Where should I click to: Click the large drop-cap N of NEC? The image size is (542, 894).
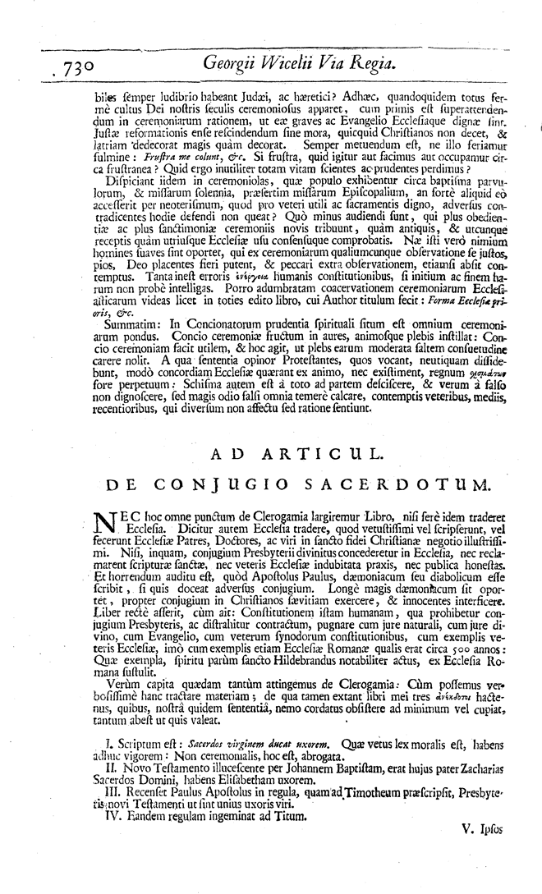click(102, 523)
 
